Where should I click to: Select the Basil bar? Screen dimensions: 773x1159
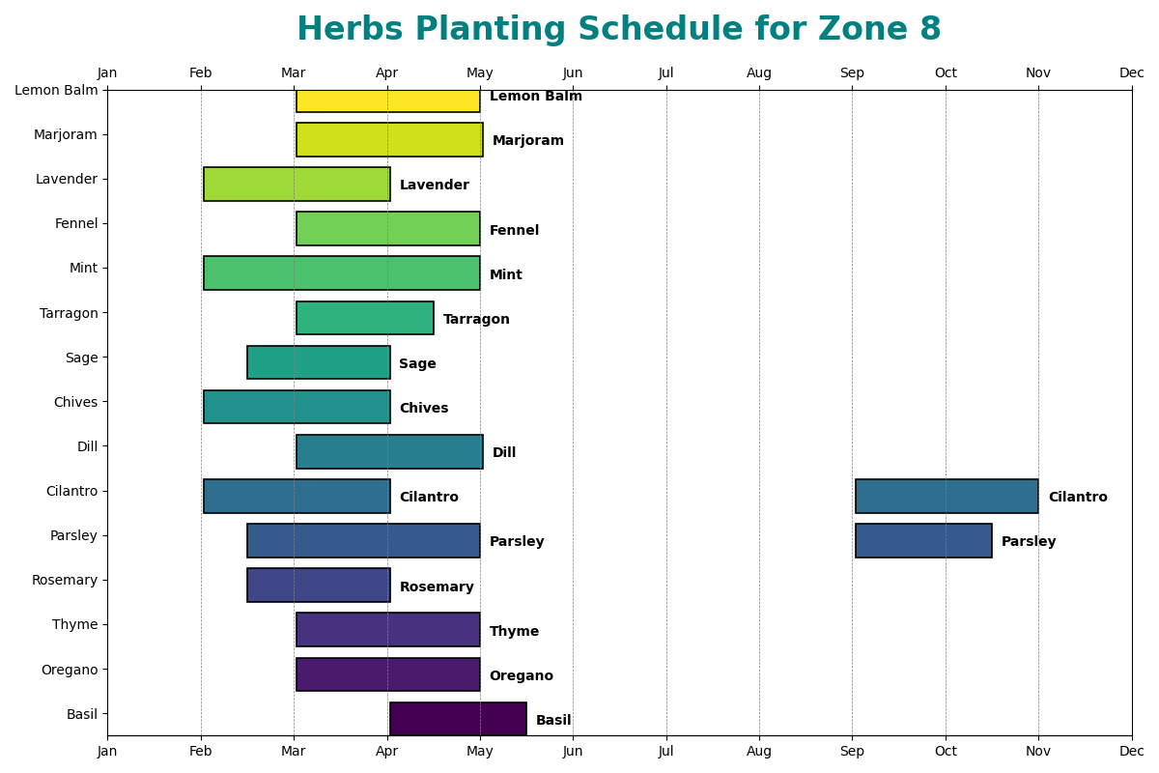(x=458, y=719)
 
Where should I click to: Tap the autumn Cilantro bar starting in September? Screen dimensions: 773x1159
(x=947, y=497)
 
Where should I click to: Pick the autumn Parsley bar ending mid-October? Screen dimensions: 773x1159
(x=923, y=541)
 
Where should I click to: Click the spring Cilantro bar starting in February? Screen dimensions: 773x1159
(x=297, y=497)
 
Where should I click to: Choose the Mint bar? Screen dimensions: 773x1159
(x=342, y=273)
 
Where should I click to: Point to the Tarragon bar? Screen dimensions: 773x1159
(x=365, y=318)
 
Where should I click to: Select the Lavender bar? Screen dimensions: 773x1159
(x=297, y=185)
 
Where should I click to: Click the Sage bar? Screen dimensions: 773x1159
(x=319, y=362)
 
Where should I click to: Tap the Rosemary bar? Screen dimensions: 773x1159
(x=319, y=586)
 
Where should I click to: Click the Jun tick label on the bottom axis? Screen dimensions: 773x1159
(x=573, y=751)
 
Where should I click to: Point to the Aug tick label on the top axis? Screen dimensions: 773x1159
(x=759, y=73)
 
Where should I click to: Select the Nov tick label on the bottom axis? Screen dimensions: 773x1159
(x=1038, y=751)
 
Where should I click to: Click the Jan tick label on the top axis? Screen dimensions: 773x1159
(x=107, y=73)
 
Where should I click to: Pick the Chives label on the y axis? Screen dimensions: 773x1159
(x=75, y=402)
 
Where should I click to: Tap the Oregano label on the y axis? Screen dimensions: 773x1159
(x=70, y=670)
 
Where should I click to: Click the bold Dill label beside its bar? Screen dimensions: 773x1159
(x=504, y=453)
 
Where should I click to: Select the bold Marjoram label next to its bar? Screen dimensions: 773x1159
(x=527, y=141)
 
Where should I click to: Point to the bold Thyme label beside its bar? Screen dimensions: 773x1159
(x=514, y=632)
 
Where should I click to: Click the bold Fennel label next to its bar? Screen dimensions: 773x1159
(x=514, y=231)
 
